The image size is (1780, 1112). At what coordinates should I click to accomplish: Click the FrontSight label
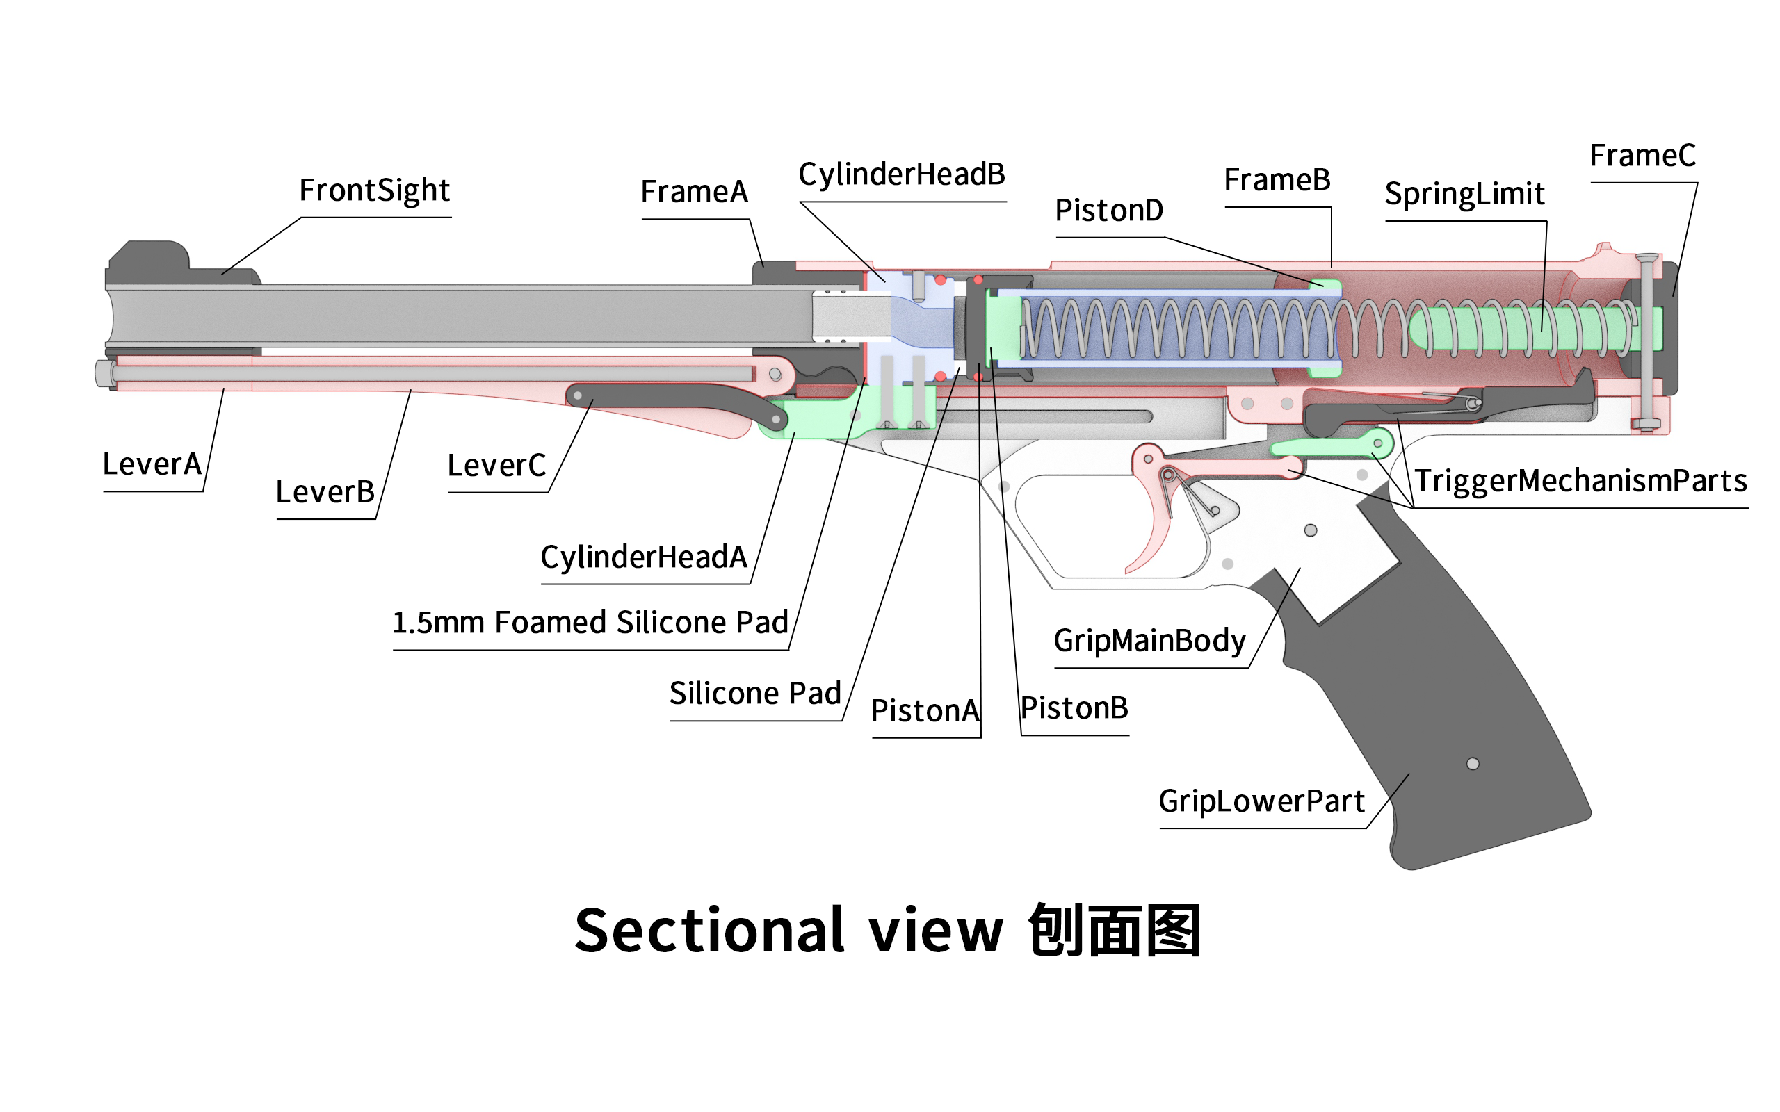373,190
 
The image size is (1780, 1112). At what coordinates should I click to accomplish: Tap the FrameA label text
694,192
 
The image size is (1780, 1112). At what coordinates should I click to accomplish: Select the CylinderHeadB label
902,175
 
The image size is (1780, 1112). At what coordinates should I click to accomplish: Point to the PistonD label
1109,211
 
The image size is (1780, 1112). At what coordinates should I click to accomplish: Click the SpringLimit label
1464,194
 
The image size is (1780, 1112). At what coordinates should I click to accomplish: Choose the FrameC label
1642,155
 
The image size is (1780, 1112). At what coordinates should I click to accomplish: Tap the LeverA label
152,464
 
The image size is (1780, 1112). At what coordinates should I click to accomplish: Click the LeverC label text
496,466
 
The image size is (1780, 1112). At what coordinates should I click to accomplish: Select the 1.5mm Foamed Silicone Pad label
590,622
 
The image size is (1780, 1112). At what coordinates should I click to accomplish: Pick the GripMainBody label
1149,641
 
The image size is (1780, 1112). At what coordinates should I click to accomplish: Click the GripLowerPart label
1261,801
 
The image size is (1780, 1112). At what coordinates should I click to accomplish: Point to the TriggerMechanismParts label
1580,481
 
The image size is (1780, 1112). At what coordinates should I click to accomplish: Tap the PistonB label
1074,708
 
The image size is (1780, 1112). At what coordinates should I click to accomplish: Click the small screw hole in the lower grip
1473,763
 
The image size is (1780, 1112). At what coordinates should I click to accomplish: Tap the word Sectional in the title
709,931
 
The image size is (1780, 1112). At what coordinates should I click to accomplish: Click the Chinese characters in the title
1115,931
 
